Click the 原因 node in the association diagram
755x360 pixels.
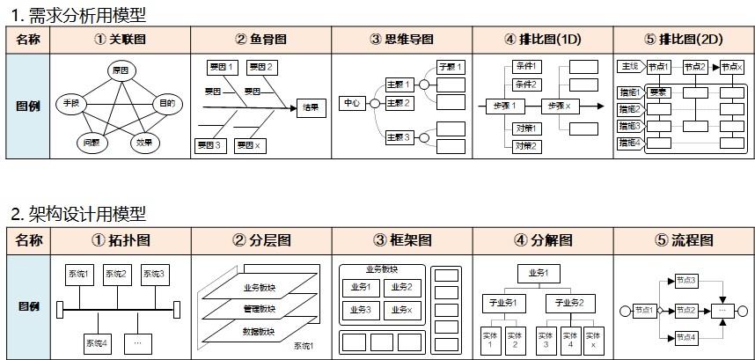tap(120, 70)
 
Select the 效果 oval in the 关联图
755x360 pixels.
tap(144, 141)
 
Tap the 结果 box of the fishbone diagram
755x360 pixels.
tap(311, 107)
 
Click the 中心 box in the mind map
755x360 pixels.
tap(352, 104)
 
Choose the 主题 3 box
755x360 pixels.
tap(399, 137)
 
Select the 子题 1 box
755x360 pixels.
tap(451, 67)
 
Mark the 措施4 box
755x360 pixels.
tap(628, 143)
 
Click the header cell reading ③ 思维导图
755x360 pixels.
tap(402, 40)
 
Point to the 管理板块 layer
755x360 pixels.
tap(259, 309)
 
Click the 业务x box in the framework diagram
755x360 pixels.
tap(402, 309)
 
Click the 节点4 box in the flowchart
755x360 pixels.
tap(686, 337)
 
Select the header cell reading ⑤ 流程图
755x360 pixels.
tap(684, 240)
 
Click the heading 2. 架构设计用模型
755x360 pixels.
tap(78, 214)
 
